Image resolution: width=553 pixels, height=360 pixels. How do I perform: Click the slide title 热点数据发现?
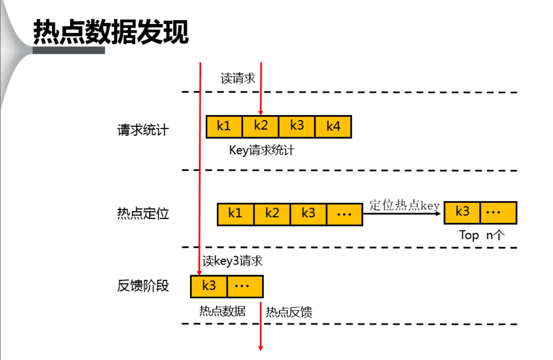(111, 32)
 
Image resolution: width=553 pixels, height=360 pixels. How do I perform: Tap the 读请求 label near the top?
(238, 79)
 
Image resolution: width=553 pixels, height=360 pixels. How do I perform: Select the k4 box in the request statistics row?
(333, 126)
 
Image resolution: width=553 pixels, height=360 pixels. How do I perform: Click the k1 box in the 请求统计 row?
(224, 126)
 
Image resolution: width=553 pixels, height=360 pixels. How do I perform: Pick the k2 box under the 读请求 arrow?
(261, 126)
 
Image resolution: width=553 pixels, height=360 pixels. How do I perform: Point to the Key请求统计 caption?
(262, 150)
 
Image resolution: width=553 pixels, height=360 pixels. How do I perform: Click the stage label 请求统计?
(143, 130)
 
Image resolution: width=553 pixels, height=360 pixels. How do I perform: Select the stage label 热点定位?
(143, 213)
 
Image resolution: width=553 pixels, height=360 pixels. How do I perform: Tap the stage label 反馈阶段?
(143, 286)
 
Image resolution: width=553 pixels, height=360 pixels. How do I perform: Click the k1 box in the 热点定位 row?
(235, 214)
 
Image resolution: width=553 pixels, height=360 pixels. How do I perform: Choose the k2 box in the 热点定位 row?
(272, 214)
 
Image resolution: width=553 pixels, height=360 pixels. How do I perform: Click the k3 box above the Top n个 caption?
(462, 213)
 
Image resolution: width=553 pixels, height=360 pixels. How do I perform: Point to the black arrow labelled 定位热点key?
(402, 213)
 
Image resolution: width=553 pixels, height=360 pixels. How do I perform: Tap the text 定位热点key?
(405, 205)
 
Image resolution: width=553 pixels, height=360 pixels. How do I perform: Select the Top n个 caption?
(482, 235)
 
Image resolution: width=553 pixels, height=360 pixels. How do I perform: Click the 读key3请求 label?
(232, 261)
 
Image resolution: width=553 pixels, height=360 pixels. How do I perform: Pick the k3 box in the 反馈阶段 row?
(209, 286)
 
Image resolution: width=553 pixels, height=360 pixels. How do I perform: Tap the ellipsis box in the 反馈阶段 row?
(245, 286)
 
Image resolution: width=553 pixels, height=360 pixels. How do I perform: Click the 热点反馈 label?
(289, 312)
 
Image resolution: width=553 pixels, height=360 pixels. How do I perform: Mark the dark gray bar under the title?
(69, 50)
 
